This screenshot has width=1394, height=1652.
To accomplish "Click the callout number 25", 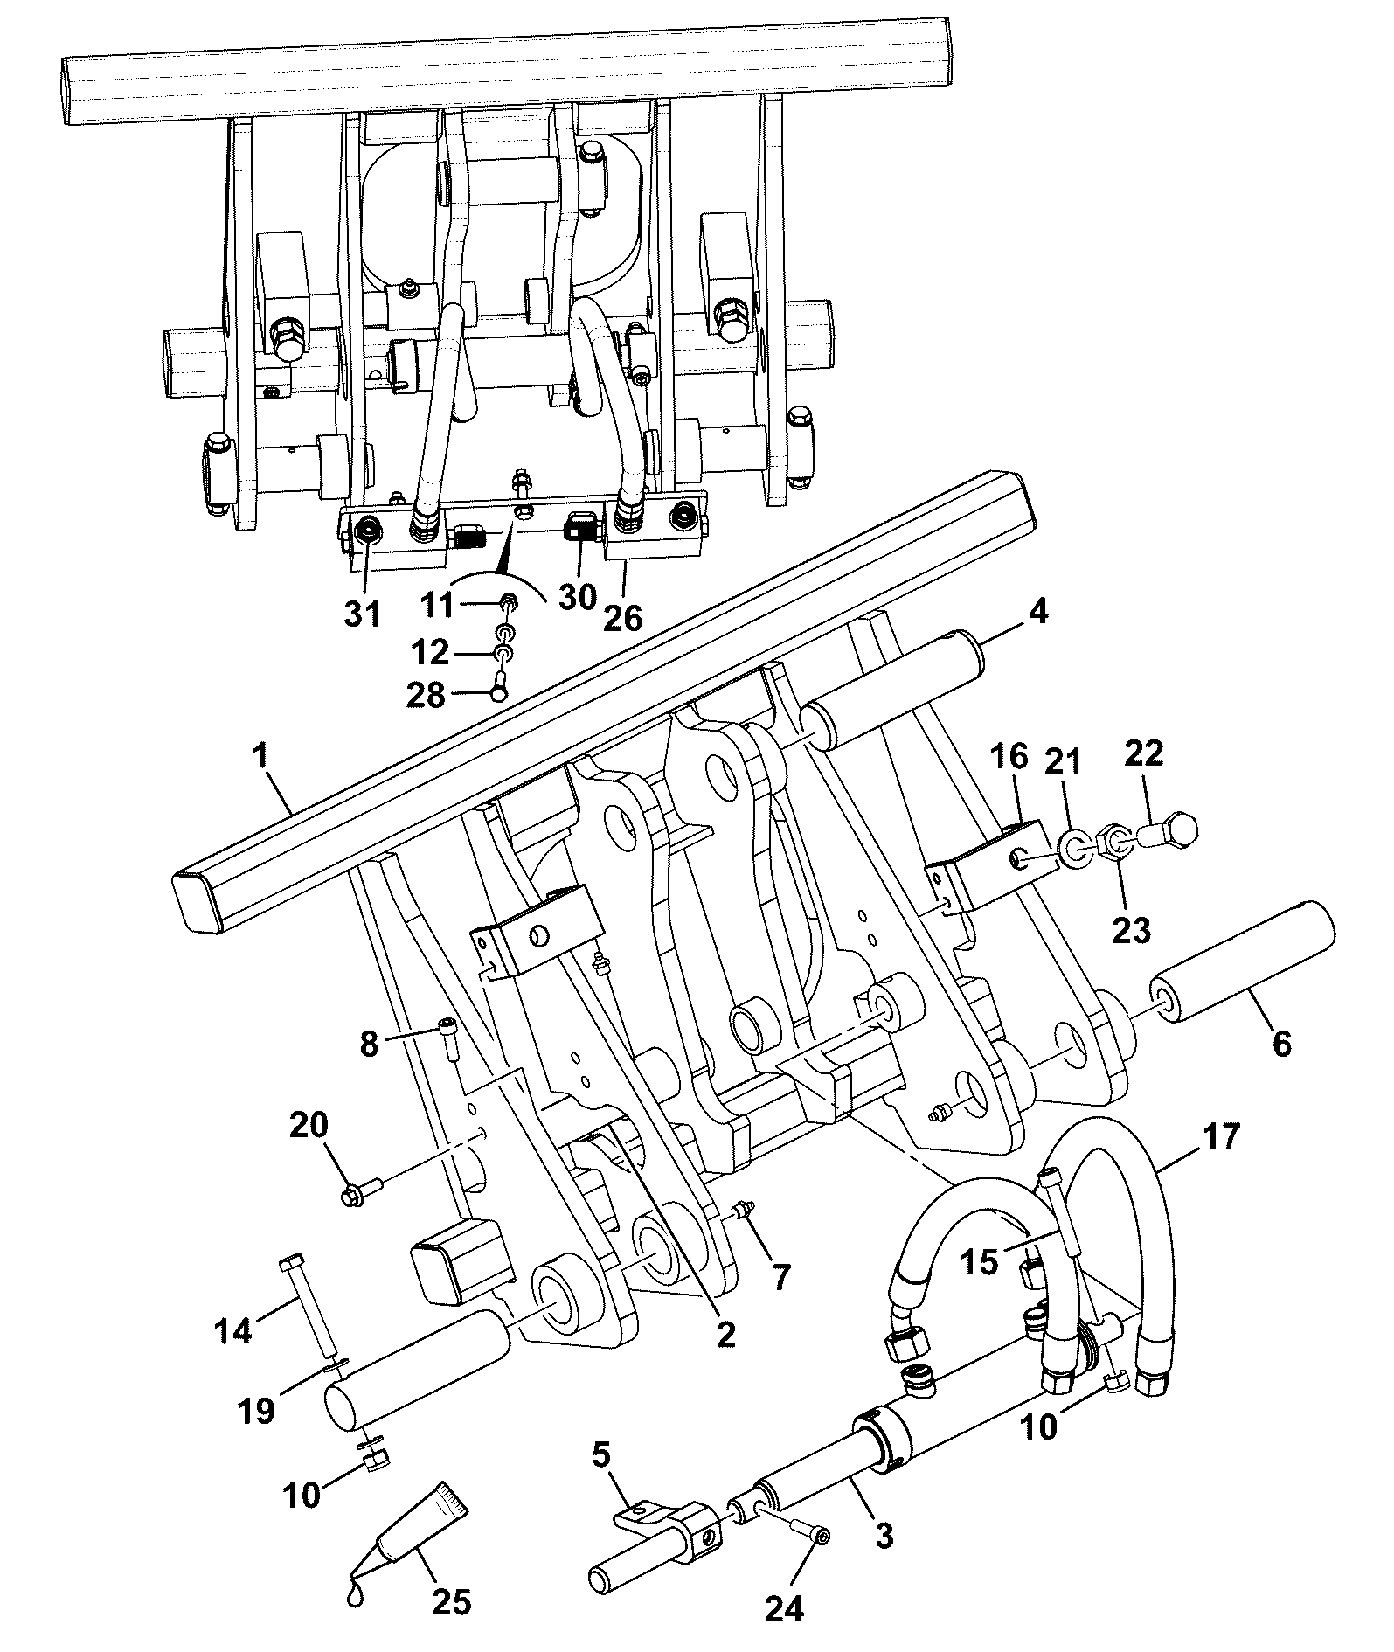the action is [451, 1602].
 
